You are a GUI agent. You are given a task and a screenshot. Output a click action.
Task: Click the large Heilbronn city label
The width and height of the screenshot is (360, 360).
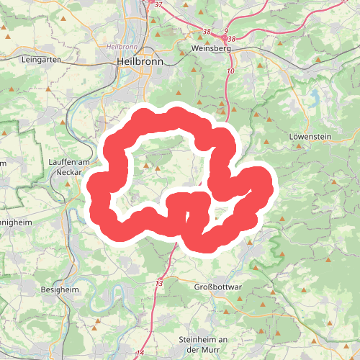140,62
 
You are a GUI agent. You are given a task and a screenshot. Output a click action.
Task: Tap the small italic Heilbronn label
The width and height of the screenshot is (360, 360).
120,45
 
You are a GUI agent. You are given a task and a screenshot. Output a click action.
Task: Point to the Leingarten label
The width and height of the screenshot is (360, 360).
40,60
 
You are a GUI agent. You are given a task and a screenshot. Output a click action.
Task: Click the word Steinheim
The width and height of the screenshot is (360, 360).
197,339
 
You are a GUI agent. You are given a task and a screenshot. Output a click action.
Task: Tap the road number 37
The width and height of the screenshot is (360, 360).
158,5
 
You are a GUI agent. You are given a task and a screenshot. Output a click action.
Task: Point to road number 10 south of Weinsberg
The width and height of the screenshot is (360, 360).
230,71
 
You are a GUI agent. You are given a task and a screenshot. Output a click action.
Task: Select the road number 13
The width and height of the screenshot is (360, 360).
158,284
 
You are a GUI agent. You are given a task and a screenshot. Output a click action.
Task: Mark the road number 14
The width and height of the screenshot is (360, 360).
140,353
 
